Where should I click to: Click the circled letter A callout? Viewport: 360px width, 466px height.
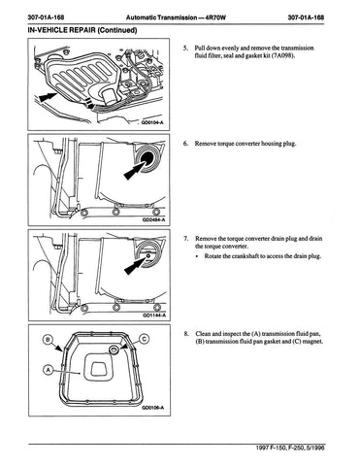pos(48,370)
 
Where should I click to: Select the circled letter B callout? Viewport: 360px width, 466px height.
pos(49,339)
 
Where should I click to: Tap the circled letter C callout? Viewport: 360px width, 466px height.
pos(145,339)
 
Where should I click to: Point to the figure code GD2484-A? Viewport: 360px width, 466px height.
pos(153,219)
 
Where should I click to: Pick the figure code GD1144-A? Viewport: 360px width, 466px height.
pos(154,316)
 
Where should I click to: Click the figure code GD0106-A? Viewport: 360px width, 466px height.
pos(152,408)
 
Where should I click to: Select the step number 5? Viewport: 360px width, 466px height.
pos(185,49)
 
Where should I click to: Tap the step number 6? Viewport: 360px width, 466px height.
pos(185,144)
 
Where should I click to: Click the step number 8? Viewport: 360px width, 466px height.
pos(186,334)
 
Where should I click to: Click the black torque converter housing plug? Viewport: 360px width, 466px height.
pos(147,158)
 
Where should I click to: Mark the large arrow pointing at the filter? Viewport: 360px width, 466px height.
pos(47,96)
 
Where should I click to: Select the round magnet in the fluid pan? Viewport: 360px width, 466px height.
pos(114,349)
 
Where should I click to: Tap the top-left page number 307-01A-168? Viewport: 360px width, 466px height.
pos(47,17)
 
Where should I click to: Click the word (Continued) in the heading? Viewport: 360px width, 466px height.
pos(117,30)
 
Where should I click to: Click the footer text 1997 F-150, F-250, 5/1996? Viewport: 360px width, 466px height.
pos(290,448)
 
